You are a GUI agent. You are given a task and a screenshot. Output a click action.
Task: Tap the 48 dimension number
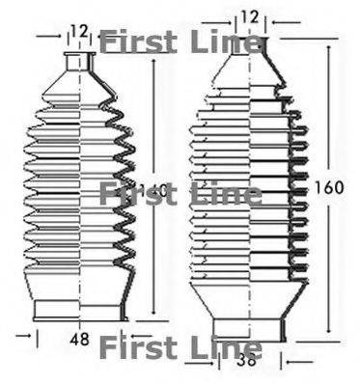tap(81, 339)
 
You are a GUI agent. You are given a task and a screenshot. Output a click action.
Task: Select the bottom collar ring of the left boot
tap(81, 309)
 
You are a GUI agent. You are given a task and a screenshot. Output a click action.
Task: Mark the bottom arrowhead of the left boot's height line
tap(153, 315)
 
